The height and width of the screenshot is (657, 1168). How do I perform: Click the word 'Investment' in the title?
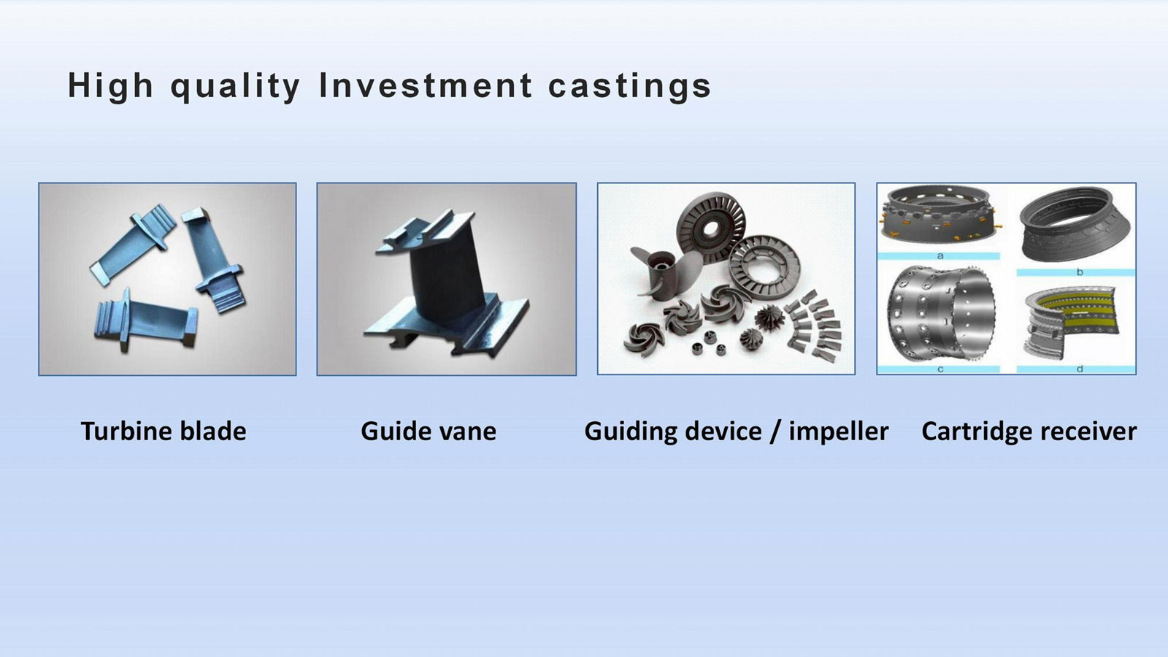point(426,85)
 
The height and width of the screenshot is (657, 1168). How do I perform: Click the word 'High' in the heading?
point(110,86)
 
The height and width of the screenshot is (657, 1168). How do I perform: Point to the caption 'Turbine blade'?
point(164,431)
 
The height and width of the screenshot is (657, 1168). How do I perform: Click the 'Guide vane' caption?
point(429,431)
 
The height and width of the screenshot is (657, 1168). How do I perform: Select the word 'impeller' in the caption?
point(839,431)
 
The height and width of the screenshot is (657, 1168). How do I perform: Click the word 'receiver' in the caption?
point(1088,431)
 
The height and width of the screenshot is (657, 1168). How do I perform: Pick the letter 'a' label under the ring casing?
point(940,256)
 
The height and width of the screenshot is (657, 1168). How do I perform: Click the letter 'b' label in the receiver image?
point(1080,272)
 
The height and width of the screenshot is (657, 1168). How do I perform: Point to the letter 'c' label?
point(940,369)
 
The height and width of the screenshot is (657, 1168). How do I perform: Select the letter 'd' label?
point(1080,369)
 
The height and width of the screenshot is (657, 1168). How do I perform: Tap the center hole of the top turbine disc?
point(710,228)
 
